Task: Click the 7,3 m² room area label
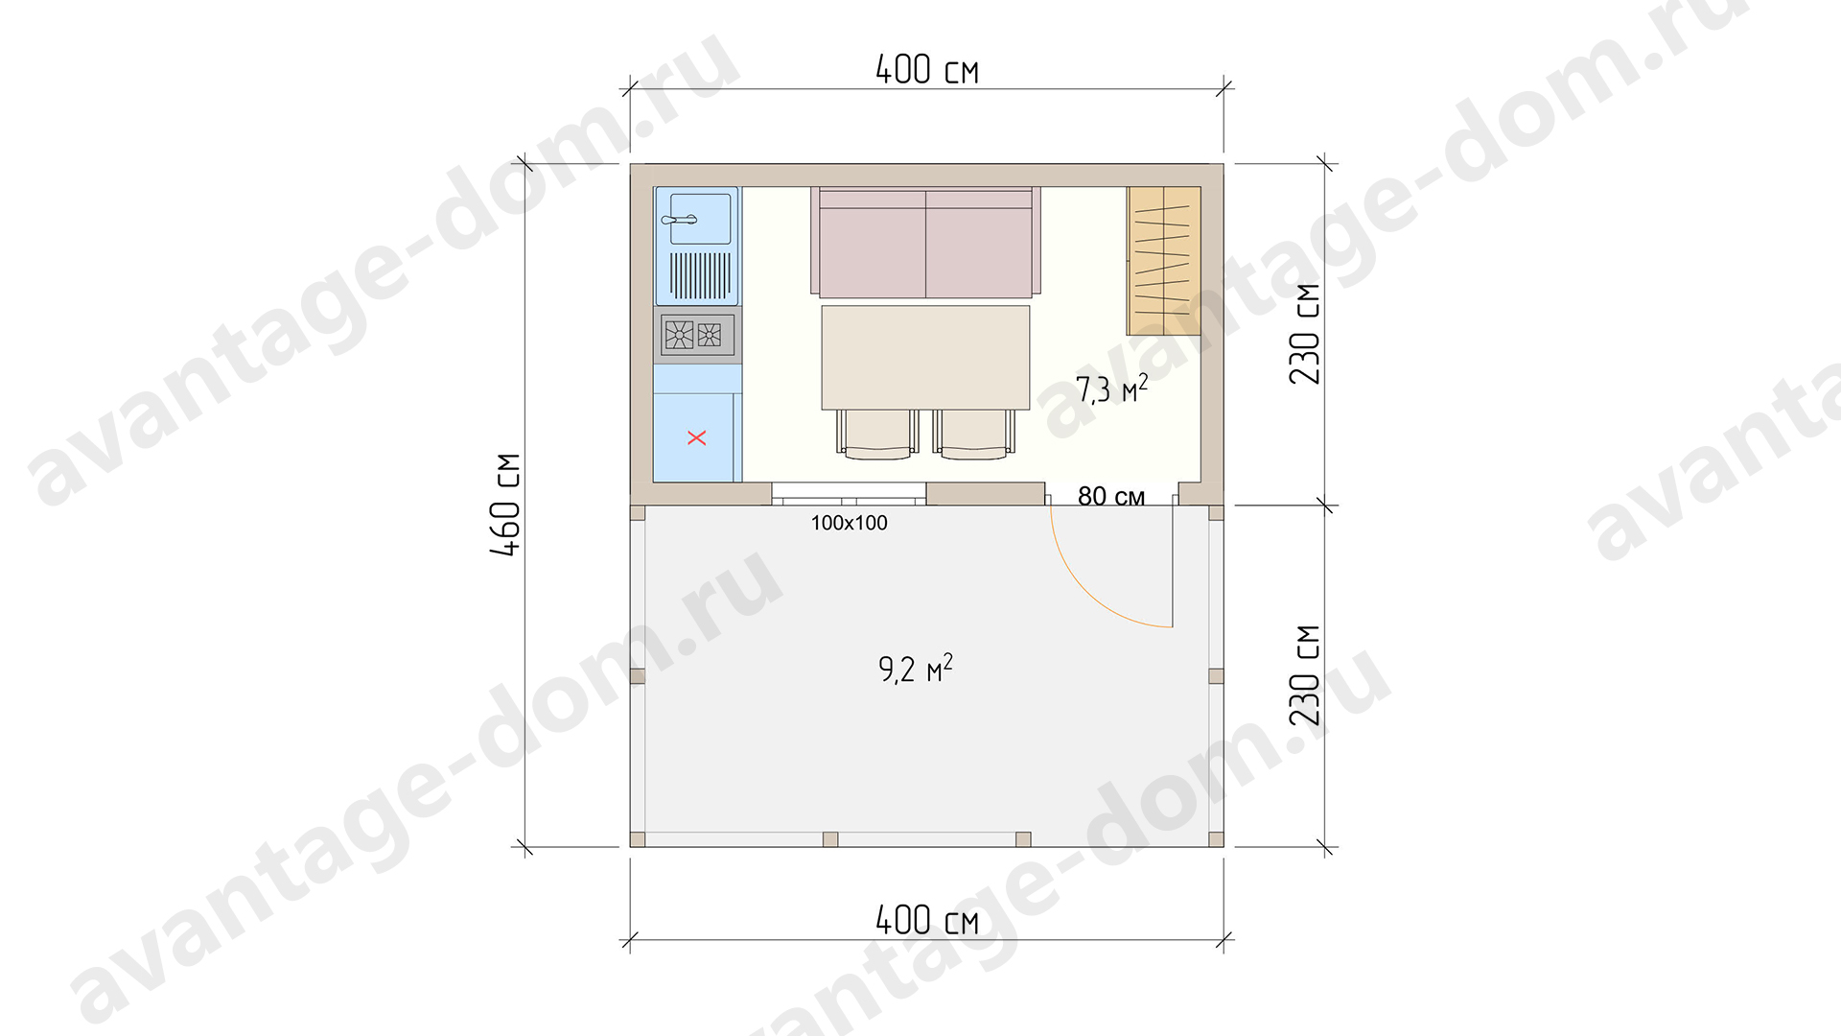pos(1111,389)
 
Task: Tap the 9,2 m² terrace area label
pos(916,668)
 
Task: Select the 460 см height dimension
pos(505,505)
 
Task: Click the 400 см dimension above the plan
pos(927,69)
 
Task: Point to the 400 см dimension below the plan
pos(927,920)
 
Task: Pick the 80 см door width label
pos(1111,496)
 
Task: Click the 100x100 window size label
pos(850,523)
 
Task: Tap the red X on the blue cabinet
pos(697,437)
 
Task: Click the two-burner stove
pos(697,335)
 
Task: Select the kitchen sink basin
pos(700,218)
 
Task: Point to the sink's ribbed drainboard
pos(700,275)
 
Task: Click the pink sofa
pos(925,242)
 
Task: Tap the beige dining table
pos(925,358)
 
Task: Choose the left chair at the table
pos(877,434)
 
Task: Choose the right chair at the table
pos(974,434)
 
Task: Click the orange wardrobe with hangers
pos(1164,261)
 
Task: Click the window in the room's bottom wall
pos(849,494)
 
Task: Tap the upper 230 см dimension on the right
pos(1305,334)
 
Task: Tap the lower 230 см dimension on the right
pos(1305,675)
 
